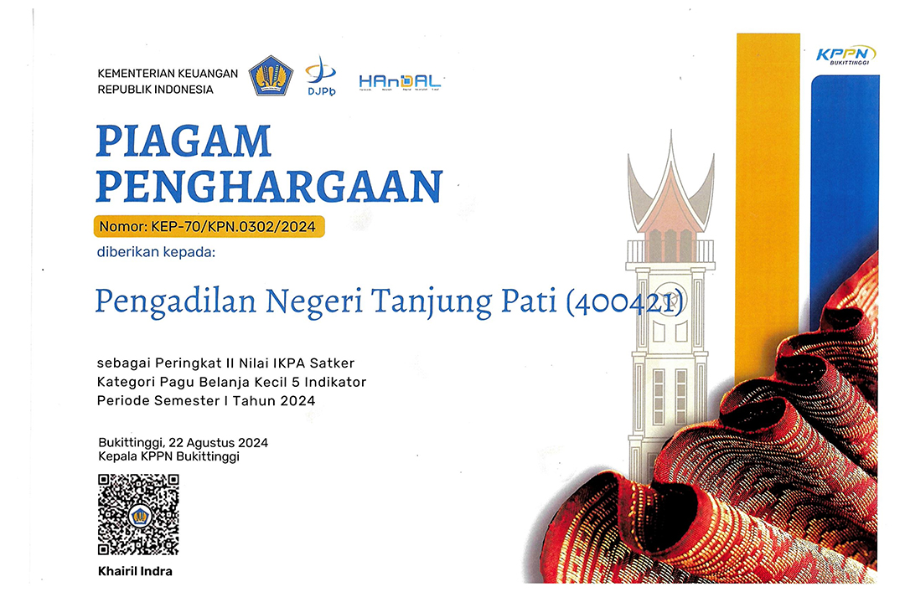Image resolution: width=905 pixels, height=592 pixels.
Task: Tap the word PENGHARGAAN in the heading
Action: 268,185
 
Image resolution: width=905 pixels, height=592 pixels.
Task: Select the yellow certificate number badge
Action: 209,226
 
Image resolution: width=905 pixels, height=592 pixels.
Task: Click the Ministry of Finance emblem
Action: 271,75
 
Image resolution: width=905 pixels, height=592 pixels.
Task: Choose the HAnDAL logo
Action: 400,81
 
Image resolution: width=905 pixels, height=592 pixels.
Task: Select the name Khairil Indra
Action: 135,572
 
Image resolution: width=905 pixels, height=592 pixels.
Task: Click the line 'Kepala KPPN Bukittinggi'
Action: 168,456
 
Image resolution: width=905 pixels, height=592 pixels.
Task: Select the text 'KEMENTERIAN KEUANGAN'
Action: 168,74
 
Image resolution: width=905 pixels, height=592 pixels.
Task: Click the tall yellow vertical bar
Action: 767,209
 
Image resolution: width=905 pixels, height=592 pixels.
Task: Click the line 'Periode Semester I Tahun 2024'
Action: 206,401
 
